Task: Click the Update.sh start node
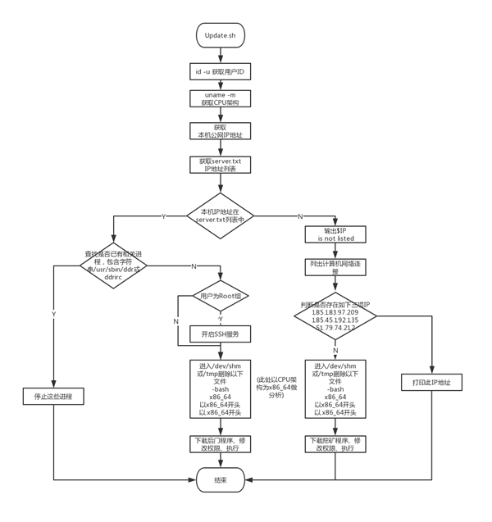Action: tap(220, 35)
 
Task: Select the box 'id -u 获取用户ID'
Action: tap(220, 72)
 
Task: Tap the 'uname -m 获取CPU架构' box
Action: tap(220, 98)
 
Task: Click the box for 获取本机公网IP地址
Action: tap(220, 131)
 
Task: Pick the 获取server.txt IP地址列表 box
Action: tap(220, 165)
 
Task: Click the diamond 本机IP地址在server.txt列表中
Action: tap(220, 216)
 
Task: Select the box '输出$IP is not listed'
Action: tap(335, 234)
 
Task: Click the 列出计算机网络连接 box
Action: tap(335, 267)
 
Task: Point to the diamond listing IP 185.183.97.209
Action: tap(335, 315)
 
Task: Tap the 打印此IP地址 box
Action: tap(431, 382)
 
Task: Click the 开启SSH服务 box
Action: tap(220, 334)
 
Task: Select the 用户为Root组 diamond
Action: tap(220, 296)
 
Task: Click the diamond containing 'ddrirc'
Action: tap(113, 266)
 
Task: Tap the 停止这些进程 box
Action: tap(53, 396)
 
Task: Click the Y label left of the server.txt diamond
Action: tap(163, 216)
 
